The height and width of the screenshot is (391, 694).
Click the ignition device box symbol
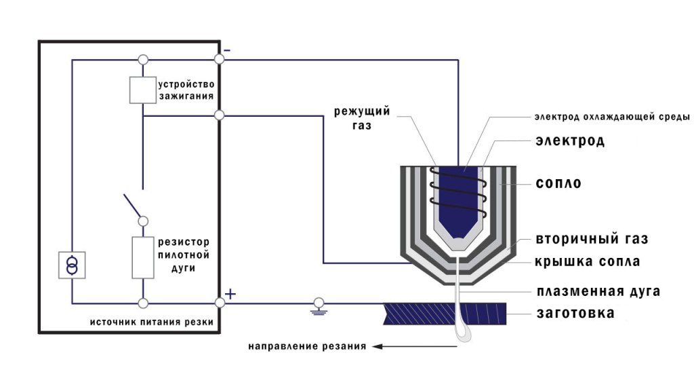142,90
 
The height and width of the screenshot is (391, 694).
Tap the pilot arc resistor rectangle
143,257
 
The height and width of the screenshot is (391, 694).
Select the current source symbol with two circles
72,265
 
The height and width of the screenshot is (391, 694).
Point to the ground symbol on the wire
319,307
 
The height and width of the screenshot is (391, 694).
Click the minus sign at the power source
227,50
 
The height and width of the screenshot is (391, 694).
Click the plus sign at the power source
230,294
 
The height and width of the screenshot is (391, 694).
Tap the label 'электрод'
569,141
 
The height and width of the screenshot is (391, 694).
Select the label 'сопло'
558,183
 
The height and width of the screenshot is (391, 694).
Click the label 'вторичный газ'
592,239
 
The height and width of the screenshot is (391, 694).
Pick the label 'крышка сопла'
588,261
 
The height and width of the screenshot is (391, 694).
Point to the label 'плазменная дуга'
598,292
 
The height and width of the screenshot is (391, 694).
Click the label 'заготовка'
575,314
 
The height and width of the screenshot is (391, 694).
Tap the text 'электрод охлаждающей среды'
612,117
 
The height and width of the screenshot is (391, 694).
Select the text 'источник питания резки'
152,322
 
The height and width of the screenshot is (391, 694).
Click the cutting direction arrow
414,346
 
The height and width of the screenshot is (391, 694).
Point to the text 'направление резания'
307,346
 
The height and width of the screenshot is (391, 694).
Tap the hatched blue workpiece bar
445,314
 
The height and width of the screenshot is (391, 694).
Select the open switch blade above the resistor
133,207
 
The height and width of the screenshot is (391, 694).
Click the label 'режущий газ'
362,118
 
